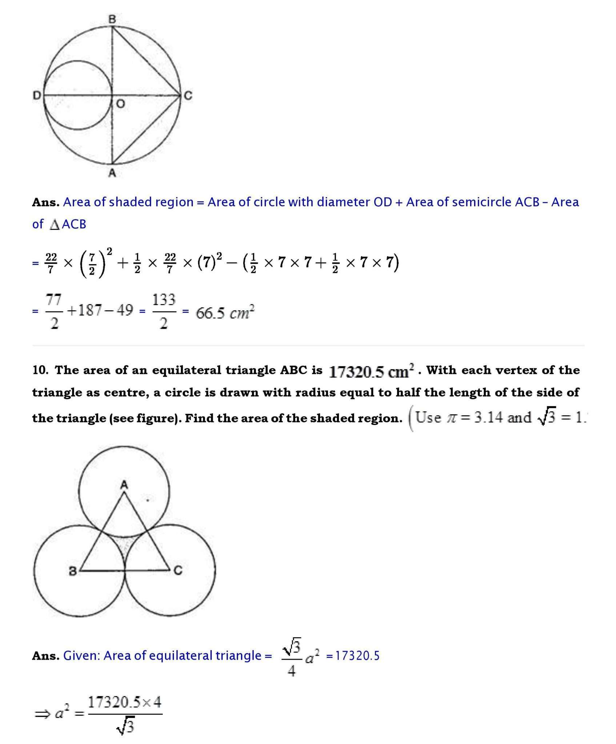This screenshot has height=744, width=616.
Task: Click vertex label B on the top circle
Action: coord(112,19)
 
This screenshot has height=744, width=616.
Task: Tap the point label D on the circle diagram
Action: coord(37,96)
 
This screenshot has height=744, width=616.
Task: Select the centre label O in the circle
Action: coord(120,104)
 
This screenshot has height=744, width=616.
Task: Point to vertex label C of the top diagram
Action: coord(188,96)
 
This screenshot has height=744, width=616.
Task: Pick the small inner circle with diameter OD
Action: coord(78,96)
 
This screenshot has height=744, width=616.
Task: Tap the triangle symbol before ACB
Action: coord(55,225)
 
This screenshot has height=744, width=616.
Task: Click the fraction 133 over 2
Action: coord(164,311)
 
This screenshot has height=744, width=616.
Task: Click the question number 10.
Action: coord(40,370)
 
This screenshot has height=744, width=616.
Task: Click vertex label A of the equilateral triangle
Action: coord(124,484)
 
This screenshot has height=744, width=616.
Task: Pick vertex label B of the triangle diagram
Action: coord(73,571)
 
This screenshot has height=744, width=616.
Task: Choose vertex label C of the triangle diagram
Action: coord(177,571)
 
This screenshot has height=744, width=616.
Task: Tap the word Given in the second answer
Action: coord(81,656)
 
